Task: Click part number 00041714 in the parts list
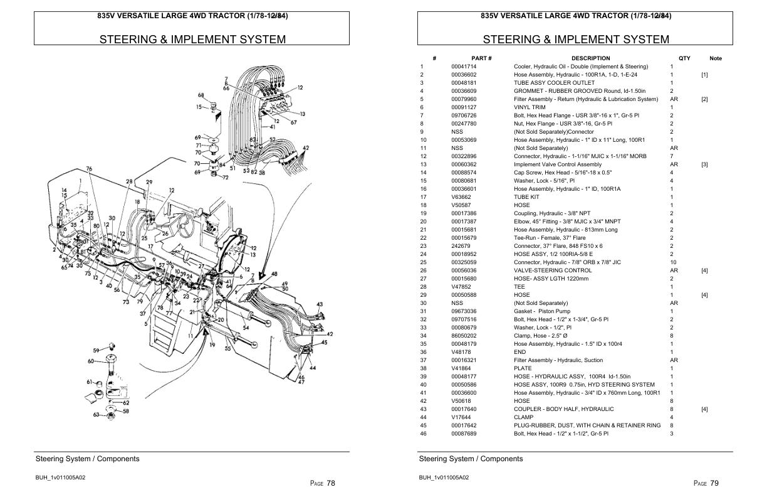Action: click(464, 67)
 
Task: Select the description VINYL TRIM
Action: click(530, 107)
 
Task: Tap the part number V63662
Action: click(461, 197)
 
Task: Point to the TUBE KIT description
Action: click(526, 197)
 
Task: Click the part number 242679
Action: click(461, 246)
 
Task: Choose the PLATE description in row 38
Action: click(523, 368)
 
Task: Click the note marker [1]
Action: click(704, 75)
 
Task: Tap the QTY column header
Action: click(684, 58)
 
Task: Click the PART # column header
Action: click(481, 58)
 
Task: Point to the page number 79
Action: click(714, 483)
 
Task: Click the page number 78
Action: click(331, 483)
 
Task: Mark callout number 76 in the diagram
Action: click(89, 169)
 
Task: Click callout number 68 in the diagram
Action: click(201, 95)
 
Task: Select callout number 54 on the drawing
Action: click(246, 327)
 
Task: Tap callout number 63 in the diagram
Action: click(96, 415)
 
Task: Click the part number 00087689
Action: click(464, 434)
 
